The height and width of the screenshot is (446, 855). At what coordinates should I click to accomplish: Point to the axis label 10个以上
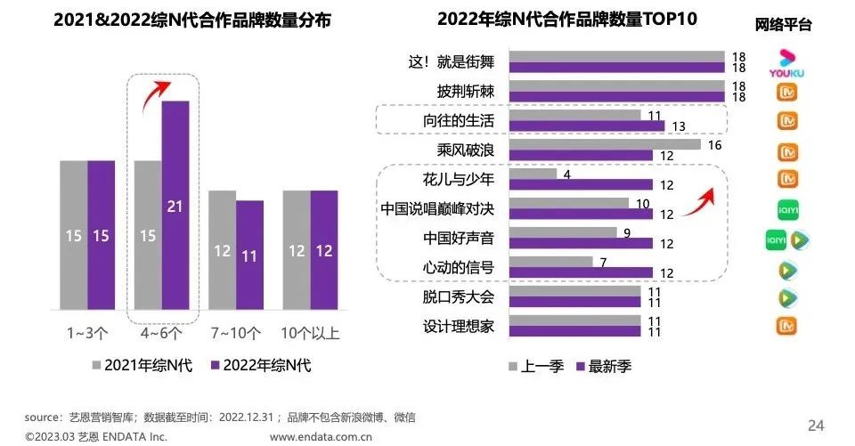click(x=310, y=334)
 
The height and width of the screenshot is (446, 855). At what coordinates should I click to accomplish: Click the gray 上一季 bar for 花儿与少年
click(x=533, y=174)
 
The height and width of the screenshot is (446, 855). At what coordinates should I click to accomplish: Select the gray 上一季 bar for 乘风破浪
click(x=605, y=144)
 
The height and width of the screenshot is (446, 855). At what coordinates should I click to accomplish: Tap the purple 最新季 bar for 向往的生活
click(x=586, y=126)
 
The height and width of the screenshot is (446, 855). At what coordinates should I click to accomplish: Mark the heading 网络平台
click(x=783, y=25)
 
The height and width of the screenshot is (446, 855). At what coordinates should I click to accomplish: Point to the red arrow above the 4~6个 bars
click(x=158, y=88)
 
